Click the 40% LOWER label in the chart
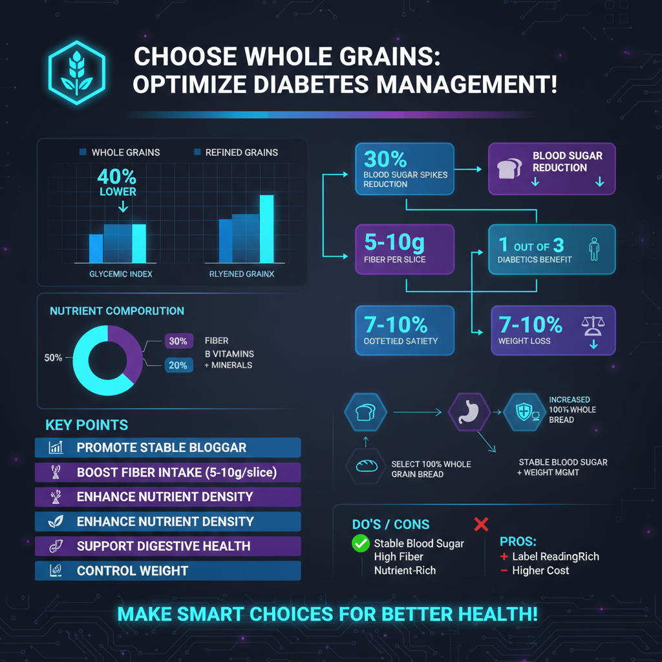[117, 182]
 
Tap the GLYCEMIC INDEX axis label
[121, 274]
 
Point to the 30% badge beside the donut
[177, 341]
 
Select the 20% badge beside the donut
[177, 365]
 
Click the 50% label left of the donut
[53, 358]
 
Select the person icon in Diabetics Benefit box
[594, 249]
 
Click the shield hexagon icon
[524, 411]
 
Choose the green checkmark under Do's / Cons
[360, 544]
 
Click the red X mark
[481, 524]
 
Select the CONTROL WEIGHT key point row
[167, 571]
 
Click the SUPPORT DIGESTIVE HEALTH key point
[167, 546]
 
